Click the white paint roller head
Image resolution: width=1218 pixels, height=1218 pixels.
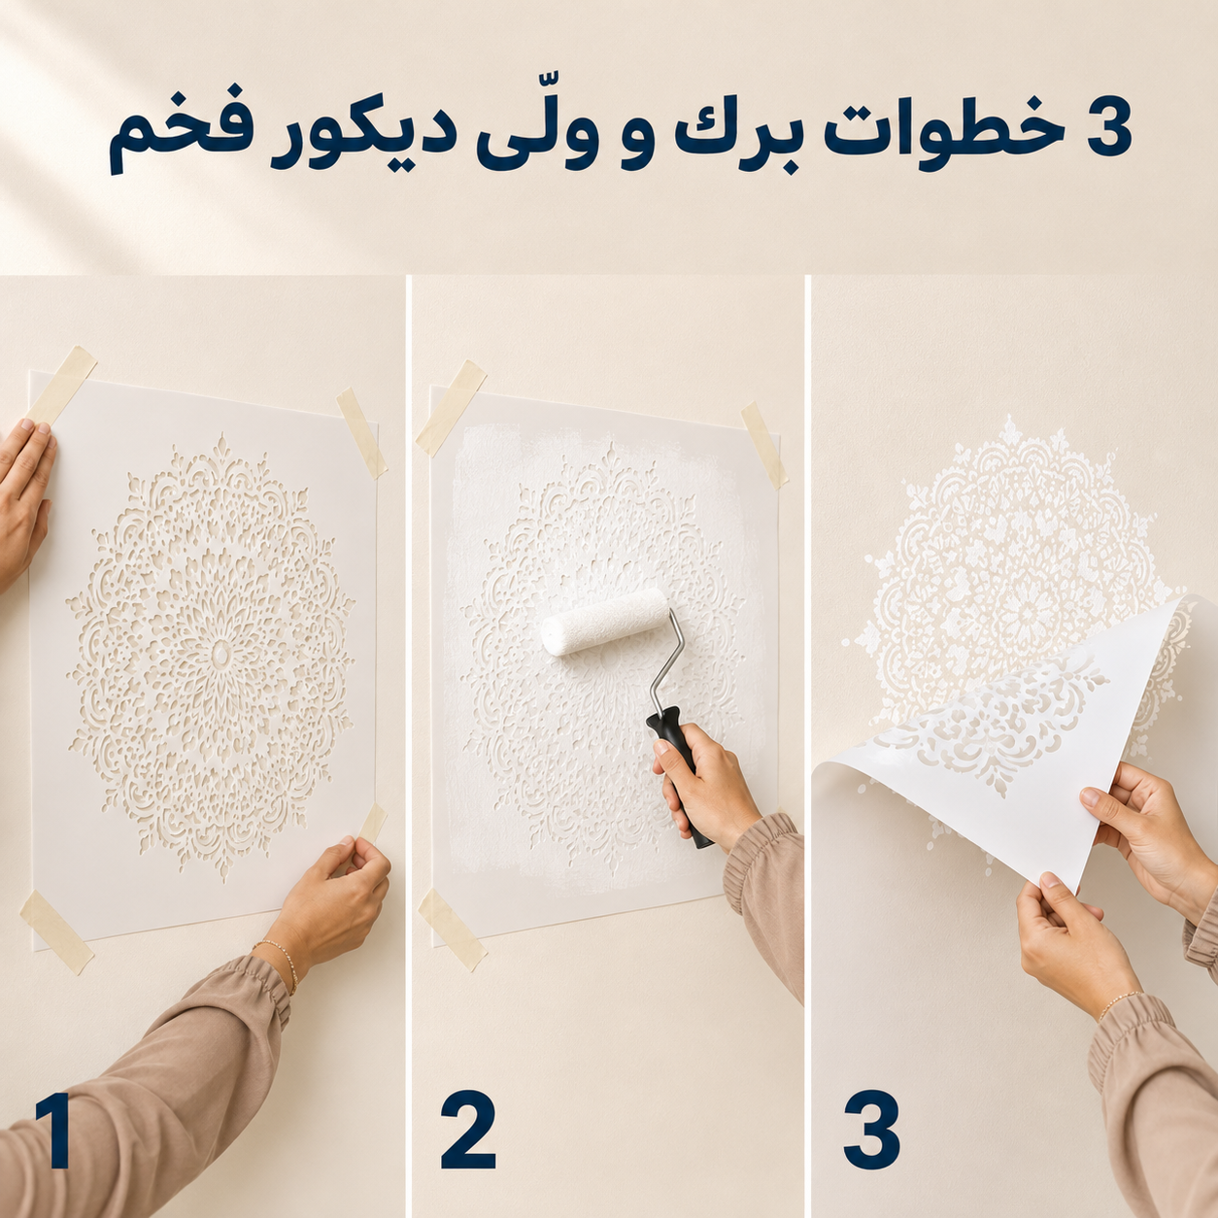pos(604,623)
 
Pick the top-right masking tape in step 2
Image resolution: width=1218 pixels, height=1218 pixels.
pos(764,446)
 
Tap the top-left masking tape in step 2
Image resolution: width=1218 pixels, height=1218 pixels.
pos(450,408)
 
